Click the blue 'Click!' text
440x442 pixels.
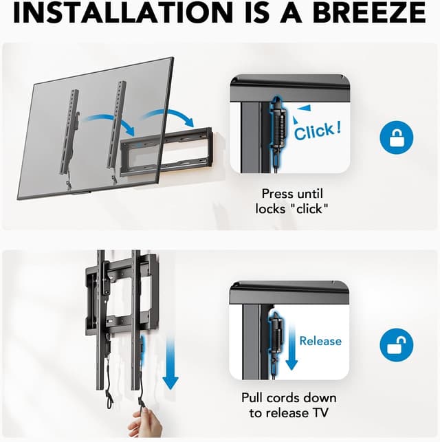coord(317,129)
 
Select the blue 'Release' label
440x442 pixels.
coord(320,340)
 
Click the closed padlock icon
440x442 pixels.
coord(397,137)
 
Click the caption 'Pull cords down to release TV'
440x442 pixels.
coord(288,405)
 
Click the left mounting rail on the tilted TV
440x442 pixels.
coord(69,131)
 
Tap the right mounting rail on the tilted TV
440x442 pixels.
coord(118,124)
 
